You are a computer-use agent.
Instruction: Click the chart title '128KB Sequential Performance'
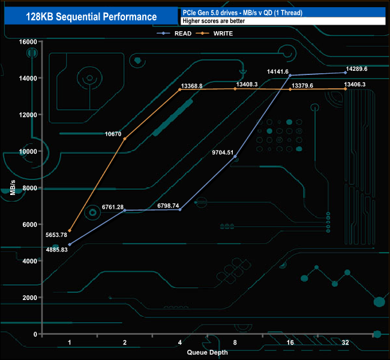pyautogui.click(x=91, y=17)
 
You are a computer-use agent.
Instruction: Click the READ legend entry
pyautogui.click(x=174, y=34)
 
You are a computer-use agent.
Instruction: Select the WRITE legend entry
pyautogui.click(x=214, y=34)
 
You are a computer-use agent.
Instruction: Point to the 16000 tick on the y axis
pyautogui.click(x=28, y=42)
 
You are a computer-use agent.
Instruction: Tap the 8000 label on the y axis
pyautogui.click(x=29, y=188)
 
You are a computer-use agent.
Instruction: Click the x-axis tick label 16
pyautogui.click(x=290, y=343)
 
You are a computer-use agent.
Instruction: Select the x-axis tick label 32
pyautogui.click(x=345, y=343)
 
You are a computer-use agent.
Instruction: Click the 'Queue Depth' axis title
pyautogui.click(x=207, y=352)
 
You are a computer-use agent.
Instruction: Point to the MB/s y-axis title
pyautogui.click(x=13, y=188)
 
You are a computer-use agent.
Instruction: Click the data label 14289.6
pyautogui.click(x=356, y=69)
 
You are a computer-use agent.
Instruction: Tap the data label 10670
pyautogui.click(x=113, y=134)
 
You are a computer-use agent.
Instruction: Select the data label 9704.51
pyautogui.click(x=223, y=152)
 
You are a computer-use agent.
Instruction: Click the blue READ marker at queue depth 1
pyautogui.click(x=70, y=245)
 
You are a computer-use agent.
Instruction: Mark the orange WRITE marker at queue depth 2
pyautogui.click(x=125, y=139)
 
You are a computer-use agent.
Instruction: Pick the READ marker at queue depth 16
pyautogui.click(x=290, y=76)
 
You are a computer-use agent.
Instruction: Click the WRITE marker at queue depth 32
pyautogui.click(x=345, y=89)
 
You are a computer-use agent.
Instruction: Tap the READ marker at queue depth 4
pyautogui.click(x=180, y=210)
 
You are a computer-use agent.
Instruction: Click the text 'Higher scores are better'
pyautogui.click(x=214, y=21)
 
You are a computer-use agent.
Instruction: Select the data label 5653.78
pyautogui.click(x=56, y=235)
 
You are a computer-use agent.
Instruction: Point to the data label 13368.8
pyautogui.click(x=191, y=86)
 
